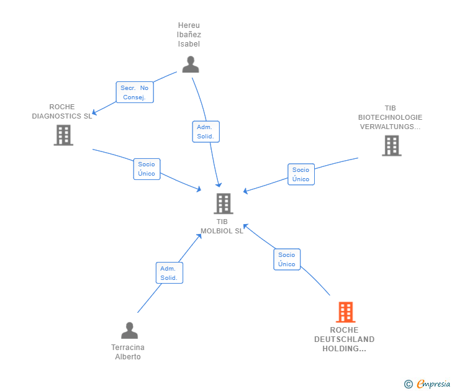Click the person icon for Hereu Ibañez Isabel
[x=191, y=65]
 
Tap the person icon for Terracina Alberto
[x=129, y=330]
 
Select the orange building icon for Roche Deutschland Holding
[x=346, y=312]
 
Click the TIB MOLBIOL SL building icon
[x=224, y=204]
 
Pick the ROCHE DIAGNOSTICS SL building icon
[x=63, y=135]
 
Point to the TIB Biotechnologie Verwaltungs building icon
[x=392, y=146]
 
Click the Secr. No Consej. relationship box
[x=135, y=92]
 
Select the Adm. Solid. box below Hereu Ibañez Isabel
[x=206, y=132]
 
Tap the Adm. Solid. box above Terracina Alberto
[x=169, y=273]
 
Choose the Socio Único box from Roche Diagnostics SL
[x=147, y=169]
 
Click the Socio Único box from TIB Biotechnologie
[x=301, y=174]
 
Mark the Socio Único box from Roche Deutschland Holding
[x=287, y=259]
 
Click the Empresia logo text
[x=433, y=384]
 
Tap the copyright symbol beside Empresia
[x=408, y=384]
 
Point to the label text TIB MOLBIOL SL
[x=222, y=226]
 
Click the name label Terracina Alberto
[x=128, y=352]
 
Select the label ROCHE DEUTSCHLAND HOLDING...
[x=344, y=339]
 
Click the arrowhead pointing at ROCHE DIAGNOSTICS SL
[x=94, y=112]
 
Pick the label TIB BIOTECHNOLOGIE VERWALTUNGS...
[x=390, y=117]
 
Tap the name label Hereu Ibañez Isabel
[x=189, y=35]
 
